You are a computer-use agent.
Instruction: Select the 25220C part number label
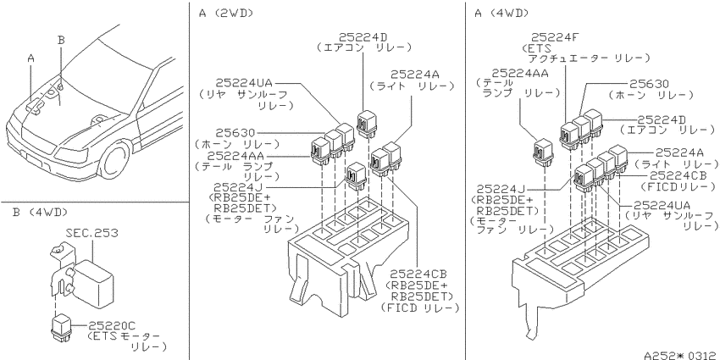pyautogui.click(x=112, y=326)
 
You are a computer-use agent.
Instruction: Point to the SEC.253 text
pyautogui.click(x=91, y=233)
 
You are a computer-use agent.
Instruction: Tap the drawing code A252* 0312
pyautogui.click(x=679, y=356)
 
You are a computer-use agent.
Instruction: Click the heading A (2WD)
pyautogui.click(x=226, y=14)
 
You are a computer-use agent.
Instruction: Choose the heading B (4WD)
pyautogui.click(x=41, y=213)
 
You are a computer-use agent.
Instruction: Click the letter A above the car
pyautogui.click(x=30, y=58)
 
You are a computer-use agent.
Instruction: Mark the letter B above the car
pyautogui.click(x=61, y=40)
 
